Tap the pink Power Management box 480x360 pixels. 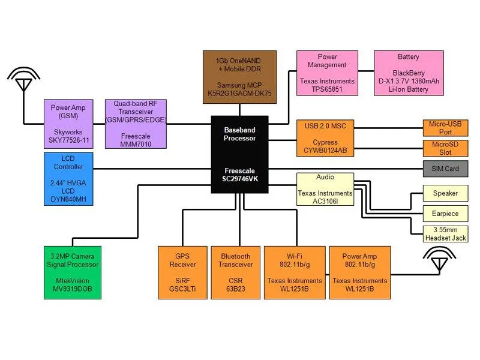click(327, 73)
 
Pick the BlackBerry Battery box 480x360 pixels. click(409, 73)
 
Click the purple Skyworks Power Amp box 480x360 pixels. click(71, 124)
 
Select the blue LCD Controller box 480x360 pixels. click(68, 180)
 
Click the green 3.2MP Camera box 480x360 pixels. click(72, 272)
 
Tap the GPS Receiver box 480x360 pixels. click(182, 272)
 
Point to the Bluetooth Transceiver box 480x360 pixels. click(235, 272)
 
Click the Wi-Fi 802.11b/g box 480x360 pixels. click(294, 272)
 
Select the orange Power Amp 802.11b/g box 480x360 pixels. click(360, 272)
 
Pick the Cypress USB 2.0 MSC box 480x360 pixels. click(325, 139)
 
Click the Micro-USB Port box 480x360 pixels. click(445, 128)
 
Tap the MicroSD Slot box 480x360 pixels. click(445, 148)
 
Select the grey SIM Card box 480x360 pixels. click(445, 169)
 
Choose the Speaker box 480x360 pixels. click(445, 193)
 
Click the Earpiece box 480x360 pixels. click(445, 213)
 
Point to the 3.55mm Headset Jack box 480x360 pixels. click(445, 233)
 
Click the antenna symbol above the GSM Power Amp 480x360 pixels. click(23, 81)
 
